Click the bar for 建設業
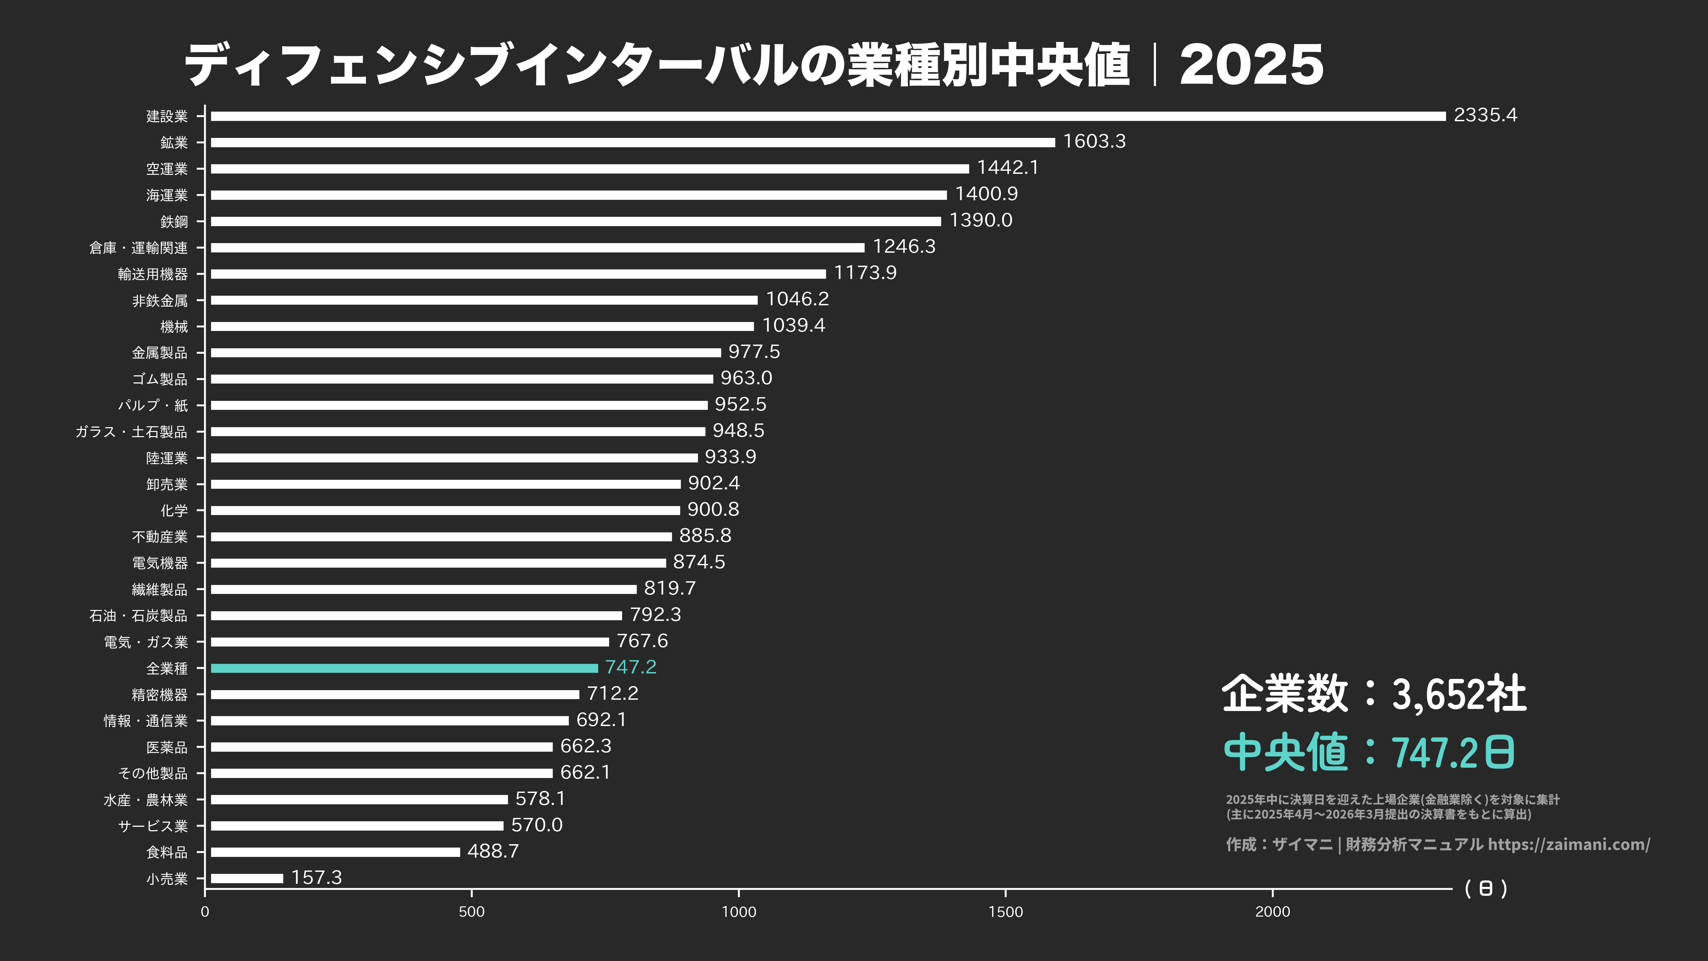[827, 116]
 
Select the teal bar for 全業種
[404, 668]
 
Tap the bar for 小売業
[247, 878]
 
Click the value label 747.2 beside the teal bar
[631, 667]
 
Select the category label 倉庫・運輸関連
[139, 248]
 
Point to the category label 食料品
[167, 852]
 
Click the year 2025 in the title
[1251, 65]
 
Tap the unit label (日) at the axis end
[1485, 888]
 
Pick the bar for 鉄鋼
[576, 221]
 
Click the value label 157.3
[316, 877]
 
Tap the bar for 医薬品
[381, 747]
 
